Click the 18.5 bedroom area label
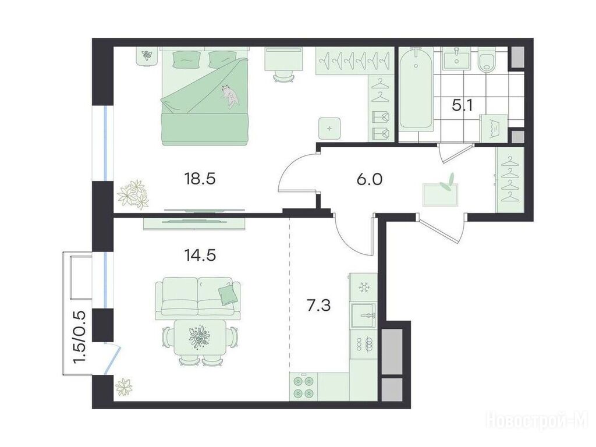200,178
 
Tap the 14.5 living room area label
200,255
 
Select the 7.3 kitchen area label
319,305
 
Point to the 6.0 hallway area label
369,179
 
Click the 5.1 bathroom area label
463,105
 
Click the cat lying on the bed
230,96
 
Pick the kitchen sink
363,315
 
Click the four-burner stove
304,386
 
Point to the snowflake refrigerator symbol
364,288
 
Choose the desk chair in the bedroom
283,76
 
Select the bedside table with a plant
146,56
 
